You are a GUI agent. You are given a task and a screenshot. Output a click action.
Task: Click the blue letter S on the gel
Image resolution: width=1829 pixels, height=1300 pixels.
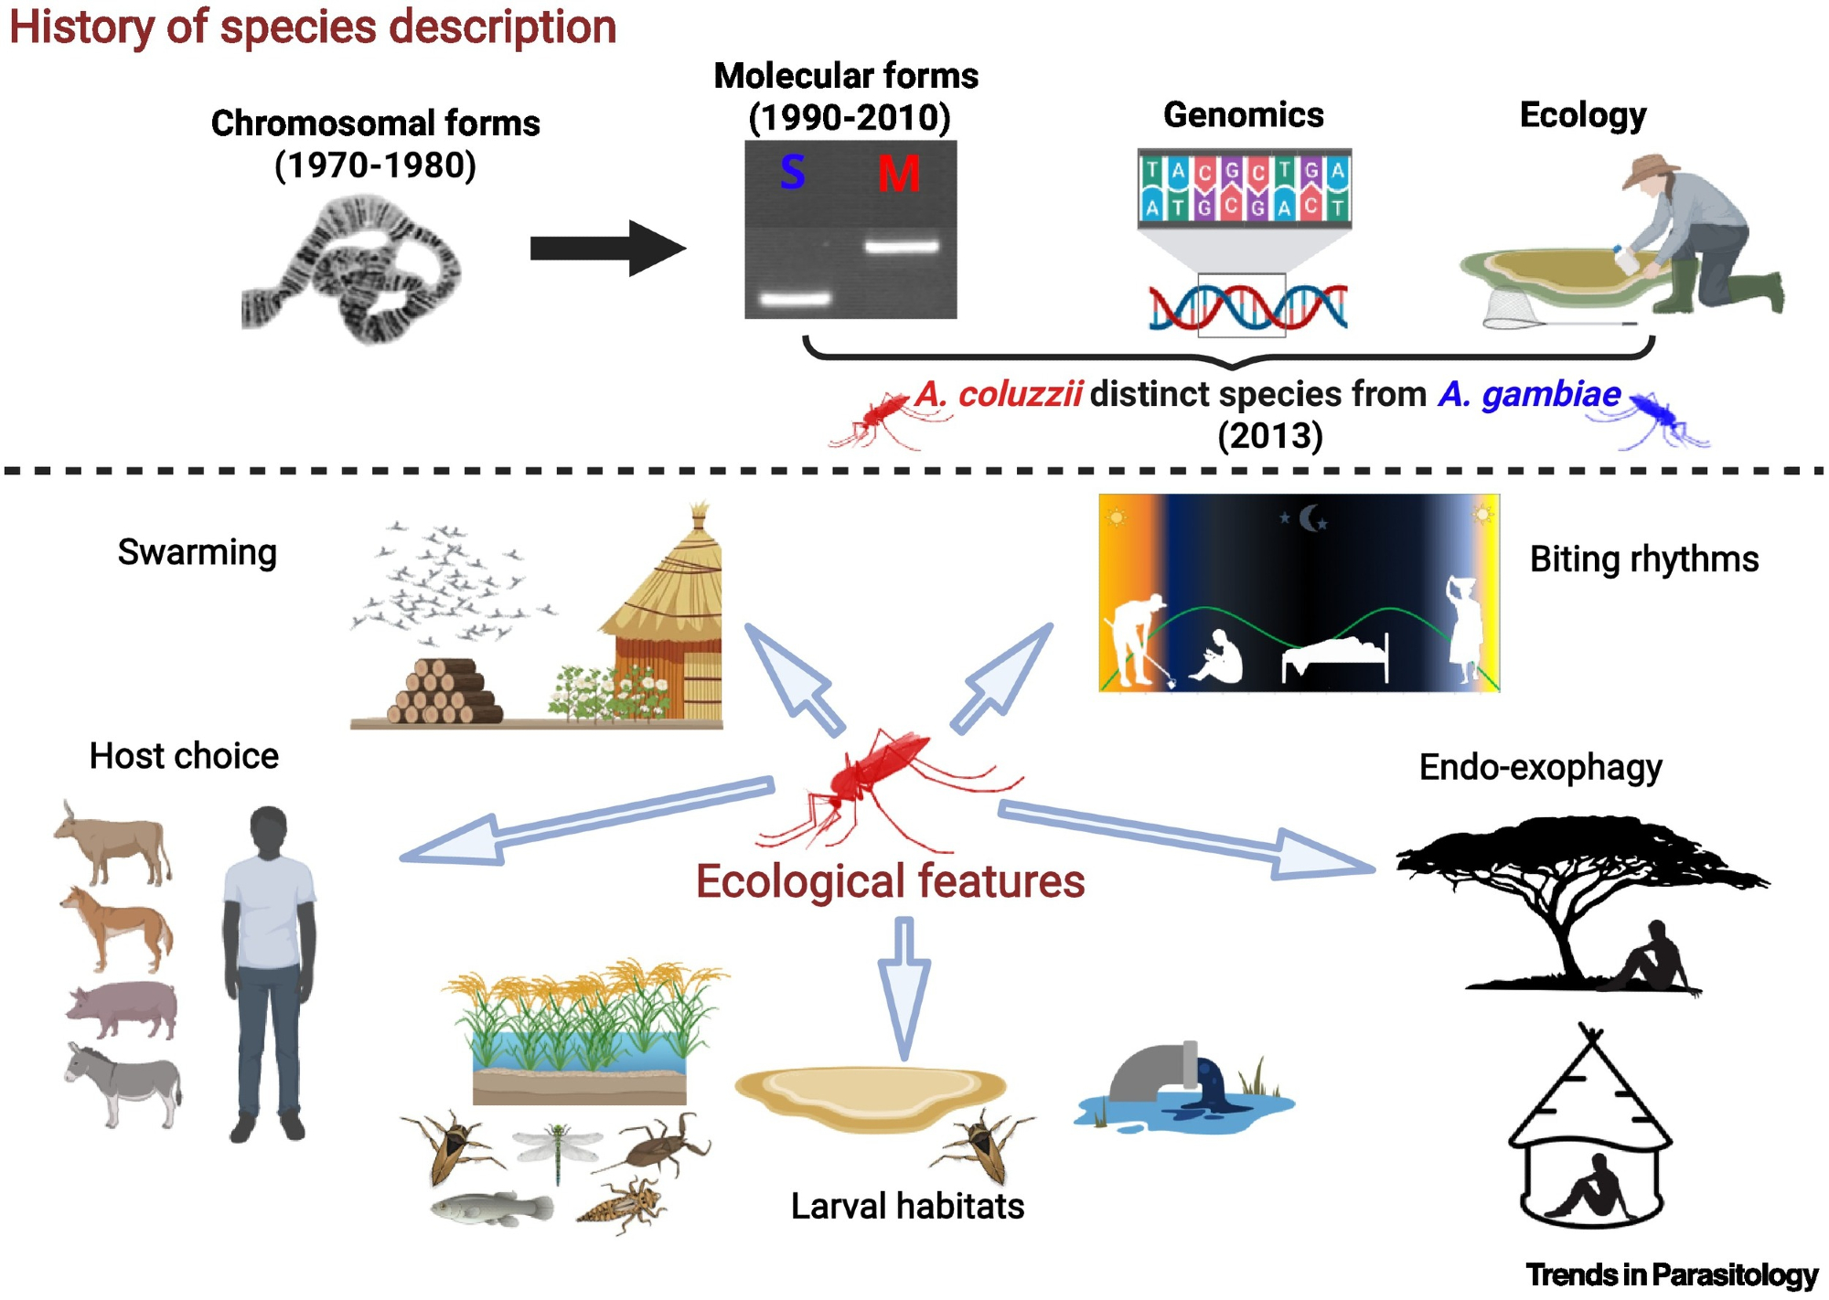click(792, 172)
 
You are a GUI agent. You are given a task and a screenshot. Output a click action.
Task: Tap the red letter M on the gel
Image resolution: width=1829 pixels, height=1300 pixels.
click(898, 174)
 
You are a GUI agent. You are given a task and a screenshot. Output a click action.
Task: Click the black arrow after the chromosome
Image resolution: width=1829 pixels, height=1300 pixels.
click(608, 248)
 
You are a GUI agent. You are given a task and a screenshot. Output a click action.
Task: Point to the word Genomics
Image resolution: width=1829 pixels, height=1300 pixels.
click(1243, 115)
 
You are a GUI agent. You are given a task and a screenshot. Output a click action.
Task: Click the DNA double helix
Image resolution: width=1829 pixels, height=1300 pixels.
click(1247, 307)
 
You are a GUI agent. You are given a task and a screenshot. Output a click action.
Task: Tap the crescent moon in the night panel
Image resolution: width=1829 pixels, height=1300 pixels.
click(1312, 518)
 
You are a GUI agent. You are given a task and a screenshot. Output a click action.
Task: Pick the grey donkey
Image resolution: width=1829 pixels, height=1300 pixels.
click(123, 1083)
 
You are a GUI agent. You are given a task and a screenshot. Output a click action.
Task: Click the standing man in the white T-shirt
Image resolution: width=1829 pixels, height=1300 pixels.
click(269, 969)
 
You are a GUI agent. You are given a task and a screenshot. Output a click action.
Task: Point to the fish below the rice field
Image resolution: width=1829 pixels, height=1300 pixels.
click(492, 1209)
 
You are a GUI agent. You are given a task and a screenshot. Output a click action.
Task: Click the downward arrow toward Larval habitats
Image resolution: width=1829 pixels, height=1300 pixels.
click(904, 987)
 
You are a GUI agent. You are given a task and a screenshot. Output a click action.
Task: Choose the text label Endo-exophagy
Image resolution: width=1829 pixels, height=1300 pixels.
click(1540, 768)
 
